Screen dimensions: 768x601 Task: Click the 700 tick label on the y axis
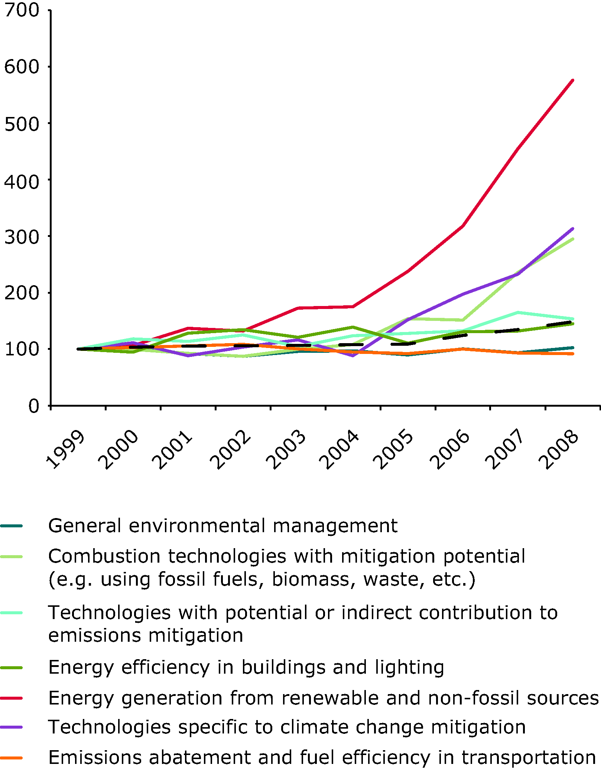22,10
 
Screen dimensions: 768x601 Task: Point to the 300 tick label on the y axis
22,237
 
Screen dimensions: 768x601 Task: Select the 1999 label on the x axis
65,449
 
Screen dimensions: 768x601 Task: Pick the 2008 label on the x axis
559,449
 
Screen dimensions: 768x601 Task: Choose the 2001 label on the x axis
173,449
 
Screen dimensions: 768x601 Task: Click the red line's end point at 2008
573,80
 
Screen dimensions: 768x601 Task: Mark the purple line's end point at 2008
573,229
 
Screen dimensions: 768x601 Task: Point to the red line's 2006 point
463,225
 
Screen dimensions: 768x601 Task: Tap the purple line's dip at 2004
353,356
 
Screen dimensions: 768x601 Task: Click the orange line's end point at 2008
573,354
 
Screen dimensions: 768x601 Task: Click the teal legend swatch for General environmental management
12,526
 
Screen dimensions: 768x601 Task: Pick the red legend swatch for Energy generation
12,698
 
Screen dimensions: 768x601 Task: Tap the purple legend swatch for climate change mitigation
12,727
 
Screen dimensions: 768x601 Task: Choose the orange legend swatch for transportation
12,758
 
